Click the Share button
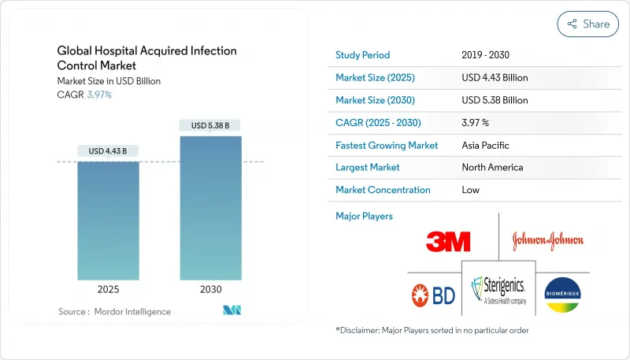588,24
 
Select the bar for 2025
109,221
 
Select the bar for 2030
210,208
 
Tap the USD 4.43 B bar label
109,151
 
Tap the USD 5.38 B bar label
210,125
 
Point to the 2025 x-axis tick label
109,290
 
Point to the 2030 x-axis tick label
210,290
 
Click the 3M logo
448,241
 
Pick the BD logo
433,295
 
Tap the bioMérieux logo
562,295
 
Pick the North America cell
492,167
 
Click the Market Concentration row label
383,190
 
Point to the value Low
471,190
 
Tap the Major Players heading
364,216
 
